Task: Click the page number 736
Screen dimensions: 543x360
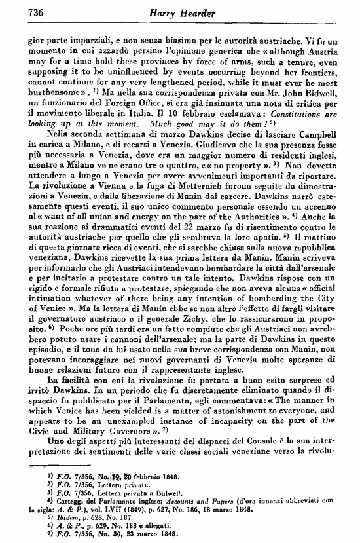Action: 33,10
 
